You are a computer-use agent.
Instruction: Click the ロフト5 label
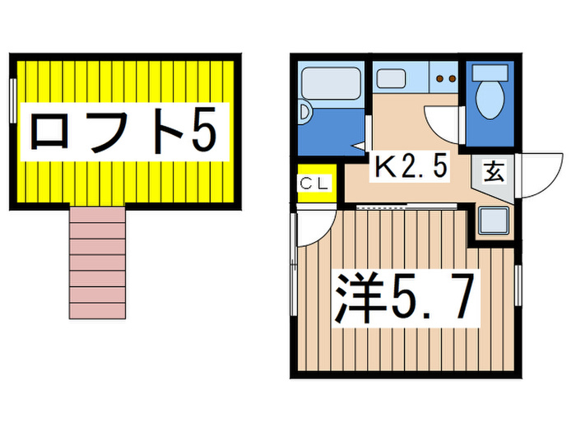123,131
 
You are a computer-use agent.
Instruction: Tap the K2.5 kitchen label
411,168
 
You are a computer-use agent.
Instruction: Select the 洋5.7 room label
404,300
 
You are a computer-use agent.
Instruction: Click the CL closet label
313,183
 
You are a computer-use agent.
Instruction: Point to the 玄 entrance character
494,173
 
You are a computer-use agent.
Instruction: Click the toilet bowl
490,100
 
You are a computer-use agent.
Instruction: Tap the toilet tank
490,71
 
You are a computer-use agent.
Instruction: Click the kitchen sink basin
391,77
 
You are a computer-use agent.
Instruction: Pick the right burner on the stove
452,79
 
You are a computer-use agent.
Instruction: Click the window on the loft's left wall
13,100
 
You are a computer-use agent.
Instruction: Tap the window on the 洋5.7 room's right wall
518,288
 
